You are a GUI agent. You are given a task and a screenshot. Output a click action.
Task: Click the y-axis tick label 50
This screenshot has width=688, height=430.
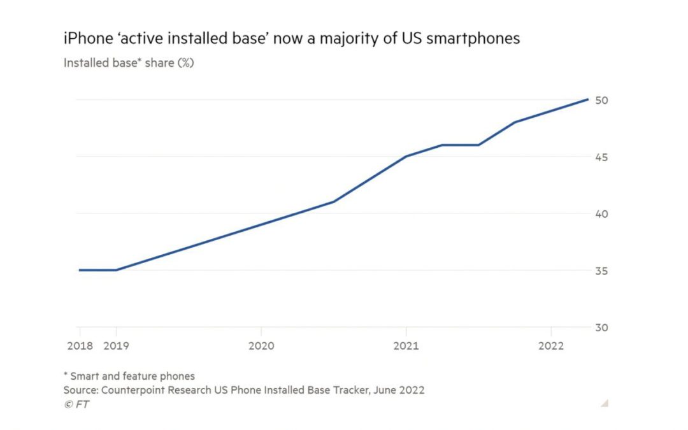tap(601, 100)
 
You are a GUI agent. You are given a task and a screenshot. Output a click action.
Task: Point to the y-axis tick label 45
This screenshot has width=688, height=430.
tap(601, 157)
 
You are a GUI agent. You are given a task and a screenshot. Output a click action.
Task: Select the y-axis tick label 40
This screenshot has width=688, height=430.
tap(601, 213)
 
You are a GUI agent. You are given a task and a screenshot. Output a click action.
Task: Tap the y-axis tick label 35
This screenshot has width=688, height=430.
tap(601, 271)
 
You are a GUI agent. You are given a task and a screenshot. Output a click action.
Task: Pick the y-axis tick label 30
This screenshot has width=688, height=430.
tap(601, 327)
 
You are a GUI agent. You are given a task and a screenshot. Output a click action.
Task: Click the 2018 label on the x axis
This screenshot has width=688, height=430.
tap(80, 346)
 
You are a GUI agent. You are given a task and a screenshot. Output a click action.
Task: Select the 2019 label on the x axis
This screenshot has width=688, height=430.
tap(115, 346)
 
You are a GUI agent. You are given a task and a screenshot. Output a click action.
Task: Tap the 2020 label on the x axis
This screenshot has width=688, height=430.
tap(261, 346)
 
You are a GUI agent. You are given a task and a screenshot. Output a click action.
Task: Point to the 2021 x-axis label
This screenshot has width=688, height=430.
tap(406, 346)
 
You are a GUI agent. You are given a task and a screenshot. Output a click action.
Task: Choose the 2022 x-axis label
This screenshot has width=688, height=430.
tap(551, 346)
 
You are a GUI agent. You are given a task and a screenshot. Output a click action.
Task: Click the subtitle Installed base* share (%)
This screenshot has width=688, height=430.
tap(128, 63)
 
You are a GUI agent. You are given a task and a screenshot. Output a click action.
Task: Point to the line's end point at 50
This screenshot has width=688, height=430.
tap(587, 99)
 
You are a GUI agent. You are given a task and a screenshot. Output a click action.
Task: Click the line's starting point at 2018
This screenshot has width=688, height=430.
tap(80, 270)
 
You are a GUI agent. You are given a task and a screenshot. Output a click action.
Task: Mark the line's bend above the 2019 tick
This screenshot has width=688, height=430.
tap(116, 270)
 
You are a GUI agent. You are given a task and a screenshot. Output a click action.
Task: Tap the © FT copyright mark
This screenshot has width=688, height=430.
tap(76, 404)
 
